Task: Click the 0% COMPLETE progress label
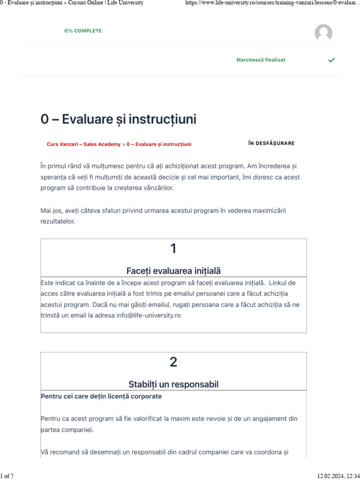pos(83,31)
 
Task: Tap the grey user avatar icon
pos(323,33)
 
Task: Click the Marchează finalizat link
pos(261,60)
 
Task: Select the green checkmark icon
pos(331,60)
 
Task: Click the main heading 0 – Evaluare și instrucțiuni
pos(119,120)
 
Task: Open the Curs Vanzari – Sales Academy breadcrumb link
pos(83,144)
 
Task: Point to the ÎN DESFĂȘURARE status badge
pos(271,143)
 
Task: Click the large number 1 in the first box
pos(173,249)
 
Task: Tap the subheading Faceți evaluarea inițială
pos(173,271)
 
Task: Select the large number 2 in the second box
pos(173,362)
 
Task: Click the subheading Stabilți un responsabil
pos(173,384)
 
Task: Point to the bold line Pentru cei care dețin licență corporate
pos(101,397)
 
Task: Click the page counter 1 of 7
pos(7,476)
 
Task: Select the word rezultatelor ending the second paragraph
pos(58,221)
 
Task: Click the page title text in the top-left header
pos(72,3)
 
